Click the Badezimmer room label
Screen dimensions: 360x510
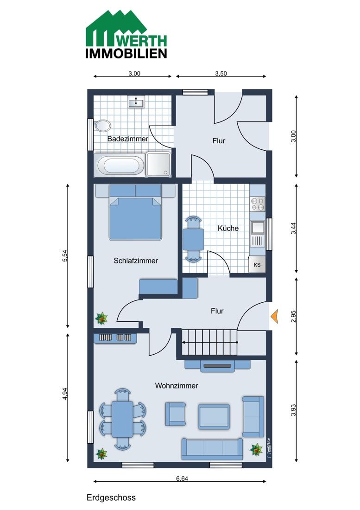(x=128, y=139)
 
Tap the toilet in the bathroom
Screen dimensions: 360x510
(x=102, y=126)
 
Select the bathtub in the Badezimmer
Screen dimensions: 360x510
(x=120, y=165)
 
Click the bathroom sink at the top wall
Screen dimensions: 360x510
(x=135, y=102)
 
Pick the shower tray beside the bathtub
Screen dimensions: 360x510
(x=158, y=165)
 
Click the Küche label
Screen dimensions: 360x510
(x=228, y=228)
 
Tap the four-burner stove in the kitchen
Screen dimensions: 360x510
(x=257, y=204)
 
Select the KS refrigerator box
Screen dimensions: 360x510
(x=257, y=264)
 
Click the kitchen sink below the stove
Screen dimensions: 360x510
(x=257, y=228)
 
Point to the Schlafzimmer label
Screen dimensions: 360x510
(x=136, y=261)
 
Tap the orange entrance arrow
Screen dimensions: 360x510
(x=274, y=317)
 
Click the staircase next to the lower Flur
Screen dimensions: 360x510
(x=209, y=342)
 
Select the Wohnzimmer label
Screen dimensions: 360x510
(x=177, y=386)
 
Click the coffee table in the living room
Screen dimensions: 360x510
(x=214, y=417)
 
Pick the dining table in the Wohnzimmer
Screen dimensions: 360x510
(x=122, y=419)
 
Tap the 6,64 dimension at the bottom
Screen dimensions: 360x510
(x=182, y=478)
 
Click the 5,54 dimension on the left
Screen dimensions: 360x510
(x=65, y=255)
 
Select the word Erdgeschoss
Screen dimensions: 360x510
(x=111, y=497)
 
